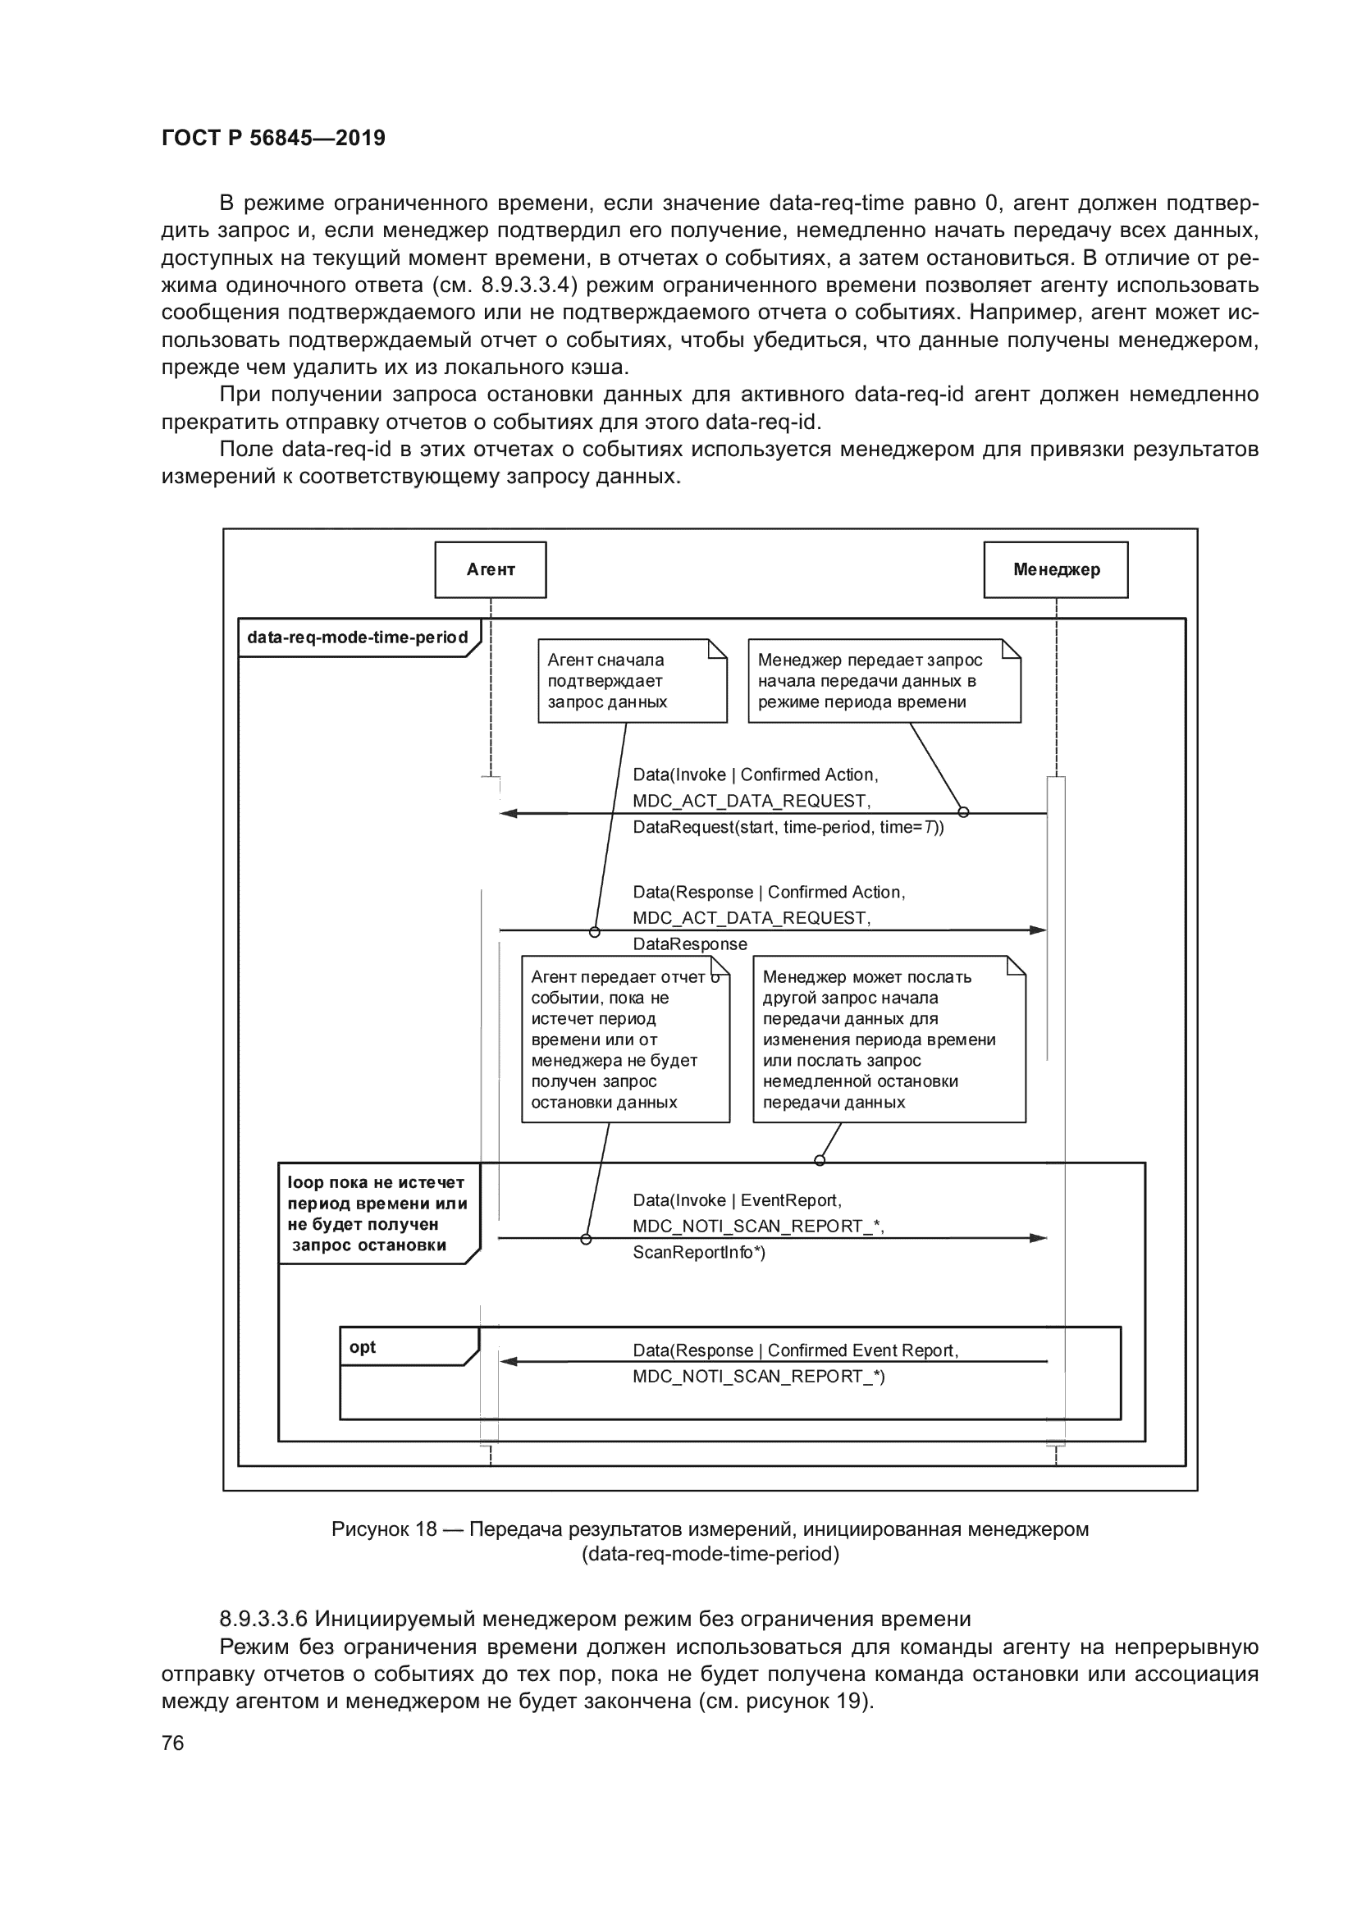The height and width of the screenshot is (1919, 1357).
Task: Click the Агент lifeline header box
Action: tap(491, 569)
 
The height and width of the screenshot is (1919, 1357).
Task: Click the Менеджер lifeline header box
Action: tap(1055, 569)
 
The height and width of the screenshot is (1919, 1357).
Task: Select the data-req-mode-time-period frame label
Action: tap(358, 637)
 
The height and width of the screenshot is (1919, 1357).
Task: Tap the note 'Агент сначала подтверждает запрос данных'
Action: tap(632, 680)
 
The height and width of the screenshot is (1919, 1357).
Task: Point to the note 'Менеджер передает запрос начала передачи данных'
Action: tap(884, 680)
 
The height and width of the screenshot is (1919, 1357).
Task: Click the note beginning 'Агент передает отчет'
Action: tap(625, 1039)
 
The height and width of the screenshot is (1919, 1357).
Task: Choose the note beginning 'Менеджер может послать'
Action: tap(889, 1039)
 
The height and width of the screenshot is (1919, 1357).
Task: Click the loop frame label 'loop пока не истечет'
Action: tap(377, 1213)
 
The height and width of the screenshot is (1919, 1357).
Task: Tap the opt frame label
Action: tap(363, 1347)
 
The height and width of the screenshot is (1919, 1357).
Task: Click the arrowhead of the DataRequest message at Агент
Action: tap(508, 813)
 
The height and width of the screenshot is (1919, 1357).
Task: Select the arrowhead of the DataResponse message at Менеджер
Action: tap(1038, 930)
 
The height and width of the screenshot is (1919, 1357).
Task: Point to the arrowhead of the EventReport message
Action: tap(1038, 1238)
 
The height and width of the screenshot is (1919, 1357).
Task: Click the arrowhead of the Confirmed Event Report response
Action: tap(508, 1362)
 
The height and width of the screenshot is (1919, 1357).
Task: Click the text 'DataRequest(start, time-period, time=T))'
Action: tap(788, 828)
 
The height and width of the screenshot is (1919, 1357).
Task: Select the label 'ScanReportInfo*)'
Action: tap(698, 1252)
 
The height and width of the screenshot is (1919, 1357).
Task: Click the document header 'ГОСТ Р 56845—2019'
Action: tap(273, 138)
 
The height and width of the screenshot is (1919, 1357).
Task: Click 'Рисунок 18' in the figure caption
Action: tap(383, 1529)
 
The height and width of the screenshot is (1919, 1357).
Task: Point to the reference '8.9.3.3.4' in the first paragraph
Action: tap(529, 286)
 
